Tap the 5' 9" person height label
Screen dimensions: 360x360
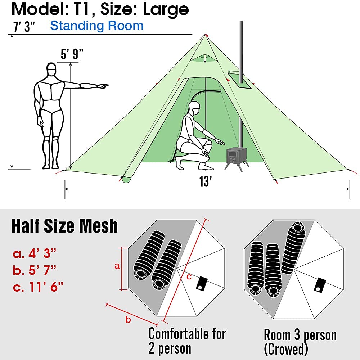[x=72, y=55]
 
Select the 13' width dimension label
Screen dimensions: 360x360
[x=205, y=182]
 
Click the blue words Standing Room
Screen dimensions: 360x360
[x=96, y=26]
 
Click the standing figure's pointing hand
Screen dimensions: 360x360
[x=103, y=86]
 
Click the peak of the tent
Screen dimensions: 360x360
[x=206, y=35]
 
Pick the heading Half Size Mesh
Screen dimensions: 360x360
[x=64, y=226]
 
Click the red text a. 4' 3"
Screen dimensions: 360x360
[x=35, y=254]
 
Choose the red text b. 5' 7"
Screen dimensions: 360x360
[x=35, y=270]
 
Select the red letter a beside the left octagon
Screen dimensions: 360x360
[x=117, y=266]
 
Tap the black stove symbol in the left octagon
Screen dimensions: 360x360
[x=201, y=283]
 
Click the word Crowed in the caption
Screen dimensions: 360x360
[x=287, y=348]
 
